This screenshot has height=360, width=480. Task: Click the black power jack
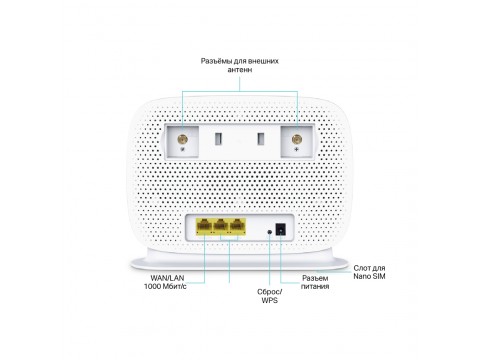click(282, 230)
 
